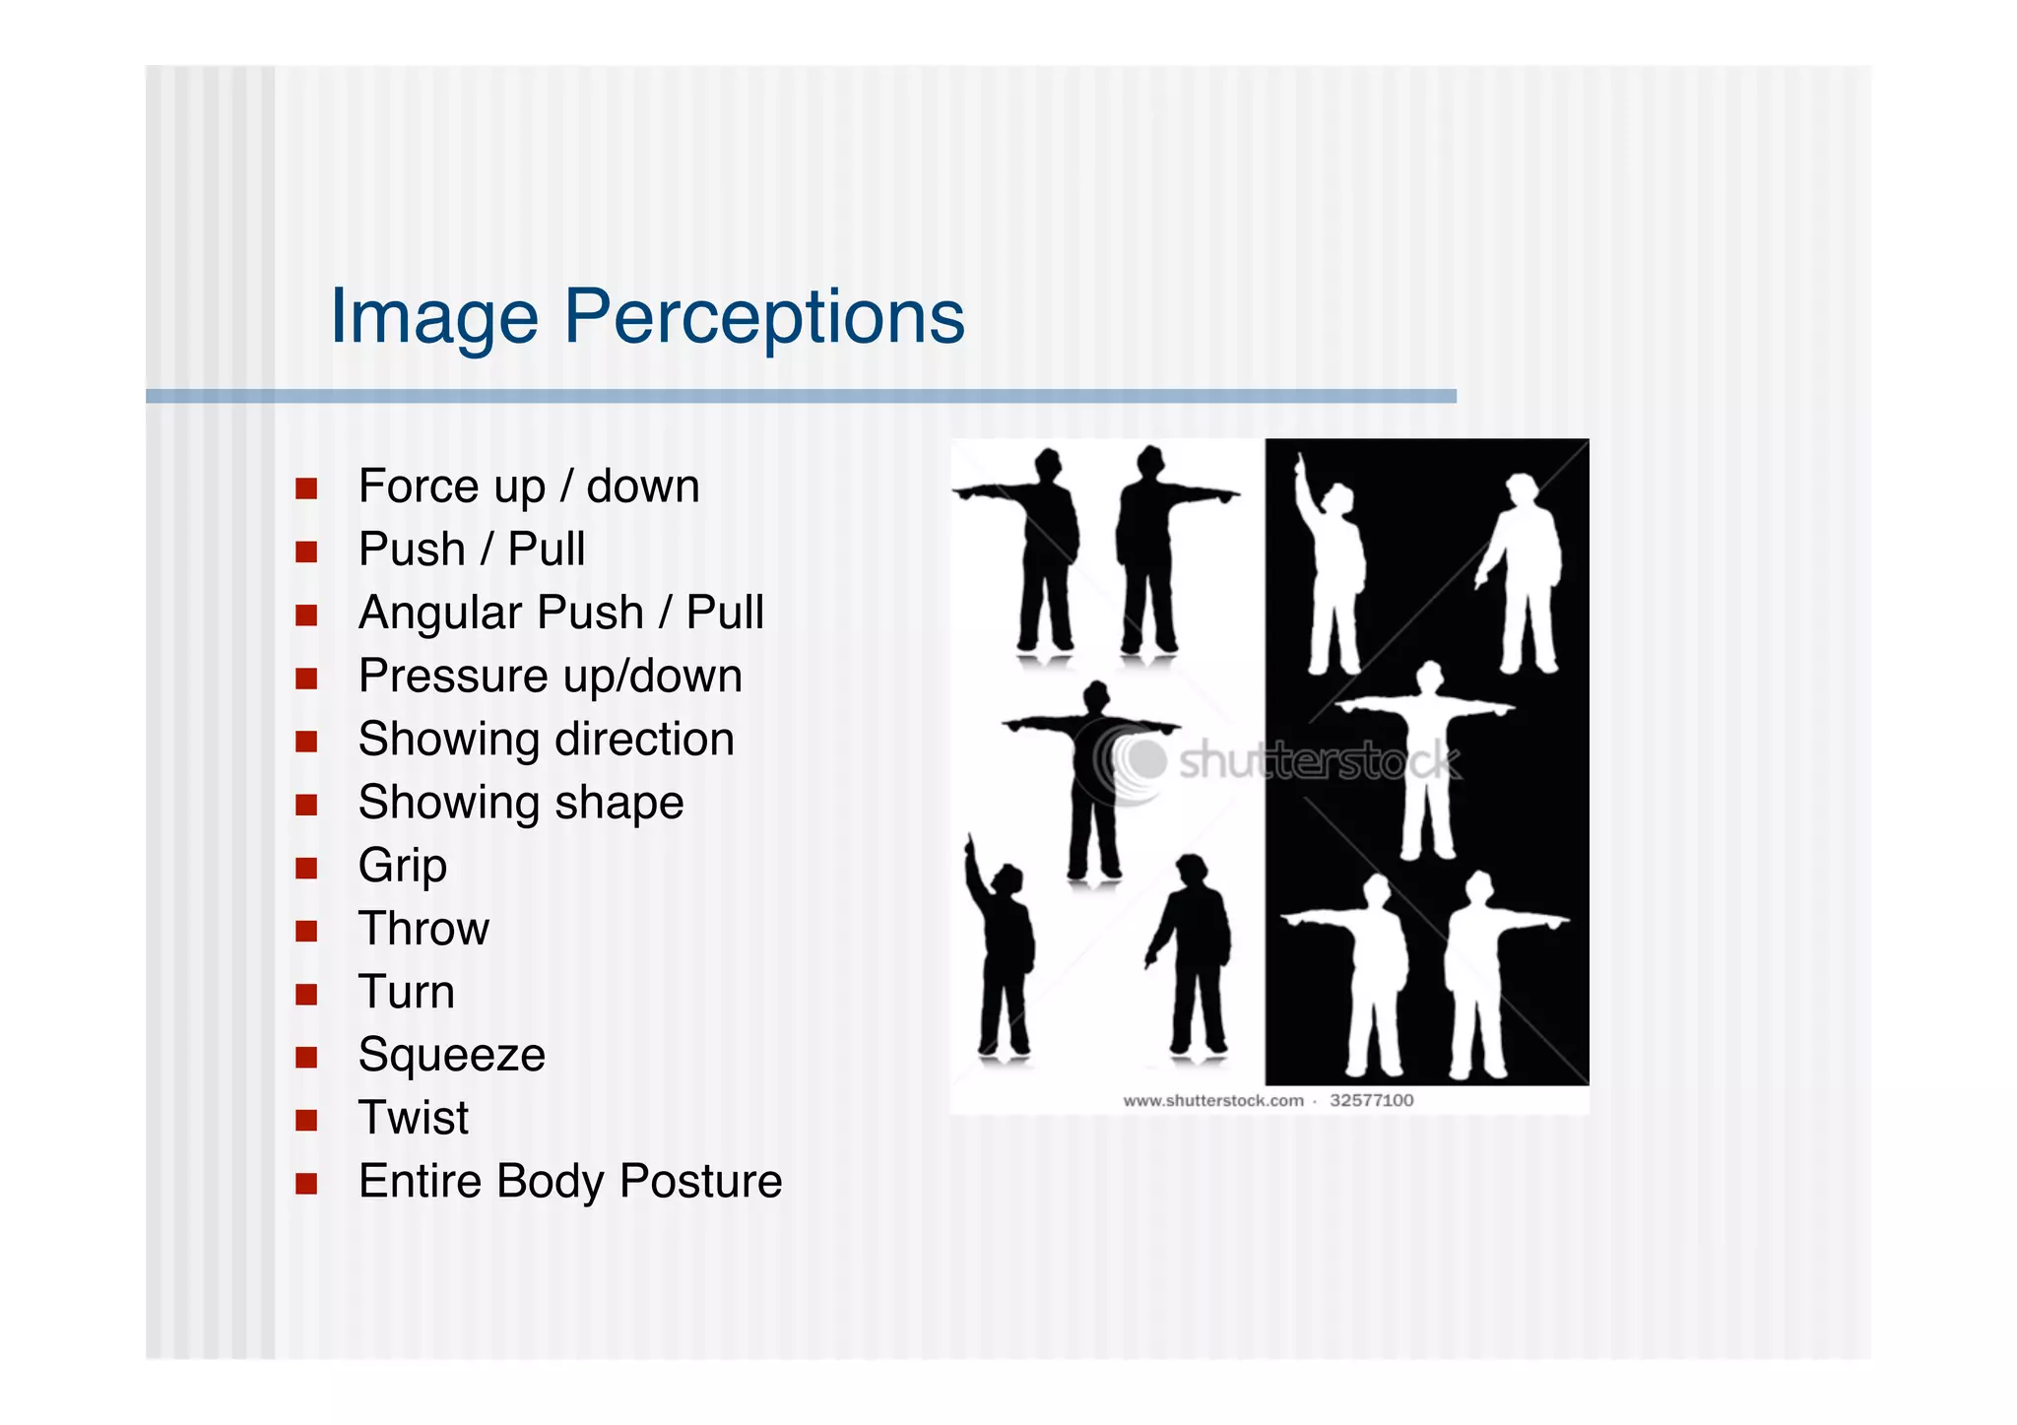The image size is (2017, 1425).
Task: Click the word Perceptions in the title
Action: [x=763, y=317]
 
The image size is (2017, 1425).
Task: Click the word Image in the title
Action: [x=434, y=317]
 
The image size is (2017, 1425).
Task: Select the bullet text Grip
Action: [x=402, y=866]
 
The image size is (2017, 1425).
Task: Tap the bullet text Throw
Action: [x=423, y=929]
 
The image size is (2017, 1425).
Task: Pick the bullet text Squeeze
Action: [x=451, y=1055]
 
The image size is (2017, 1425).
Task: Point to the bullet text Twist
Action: [x=414, y=1118]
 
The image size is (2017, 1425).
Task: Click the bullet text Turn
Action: [x=406, y=992]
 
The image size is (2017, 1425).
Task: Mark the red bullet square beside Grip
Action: [x=306, y=868]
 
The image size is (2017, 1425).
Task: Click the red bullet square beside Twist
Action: [x=306, y=1120]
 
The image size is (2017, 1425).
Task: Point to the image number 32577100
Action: [x=1371, y=1100]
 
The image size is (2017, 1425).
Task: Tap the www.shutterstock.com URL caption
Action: [x=1212, y=1100]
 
